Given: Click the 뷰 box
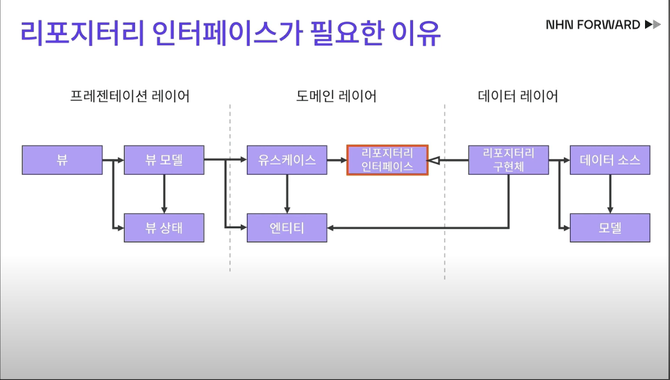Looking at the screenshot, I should point(62,160).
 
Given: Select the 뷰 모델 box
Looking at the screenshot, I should point(164,160).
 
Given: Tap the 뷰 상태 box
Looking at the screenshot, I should point(164,228).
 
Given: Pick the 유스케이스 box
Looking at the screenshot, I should point(287,160).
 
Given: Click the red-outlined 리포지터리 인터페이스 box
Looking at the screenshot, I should point(387,160).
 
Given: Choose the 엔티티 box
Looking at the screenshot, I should point(287,228).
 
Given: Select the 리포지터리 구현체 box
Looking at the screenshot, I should point(508,160).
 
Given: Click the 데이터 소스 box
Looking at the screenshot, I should point(610,160).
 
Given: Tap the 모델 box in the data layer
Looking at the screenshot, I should point(610,228).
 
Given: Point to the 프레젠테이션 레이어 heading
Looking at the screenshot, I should point(129,96).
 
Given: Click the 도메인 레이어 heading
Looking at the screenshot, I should point(336,96).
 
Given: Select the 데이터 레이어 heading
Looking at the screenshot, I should point(518,96).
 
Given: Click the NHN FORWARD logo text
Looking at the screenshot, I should point(593,24).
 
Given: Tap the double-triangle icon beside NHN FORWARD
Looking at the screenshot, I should point(652,24).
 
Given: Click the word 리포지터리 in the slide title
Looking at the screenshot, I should point(79,34).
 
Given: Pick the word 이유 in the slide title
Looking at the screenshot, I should point(416,34).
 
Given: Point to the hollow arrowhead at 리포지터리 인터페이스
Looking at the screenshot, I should point(433,160).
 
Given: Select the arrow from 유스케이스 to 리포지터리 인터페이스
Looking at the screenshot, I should point(337,160).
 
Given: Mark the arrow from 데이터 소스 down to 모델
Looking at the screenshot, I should point(610,194).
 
